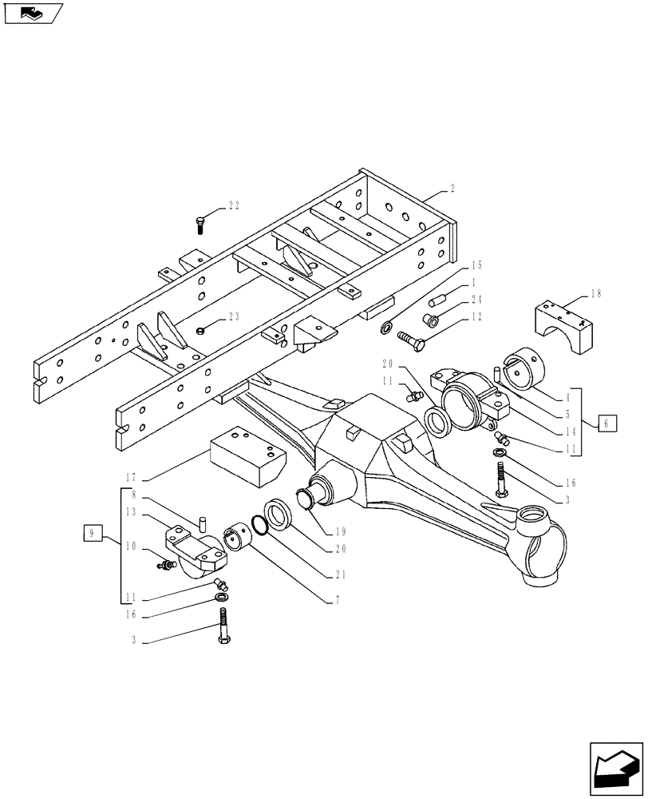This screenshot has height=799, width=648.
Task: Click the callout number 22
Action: pyautogui.click(x=233, y=205)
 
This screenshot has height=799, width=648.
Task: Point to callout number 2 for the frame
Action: pyautogui.click(x=452, y=189)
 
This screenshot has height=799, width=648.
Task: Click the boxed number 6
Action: pyautogui.click(x=606, y=424)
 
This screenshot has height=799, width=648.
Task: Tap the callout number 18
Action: pyautogui.click(x=595, y=295)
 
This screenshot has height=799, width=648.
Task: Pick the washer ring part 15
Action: pyautogui.click(x=385, y=326)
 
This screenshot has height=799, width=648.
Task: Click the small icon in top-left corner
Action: pyautogui.click(x=33, y=12)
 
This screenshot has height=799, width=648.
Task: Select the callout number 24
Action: pyautogui.click(x=476, y=300)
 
